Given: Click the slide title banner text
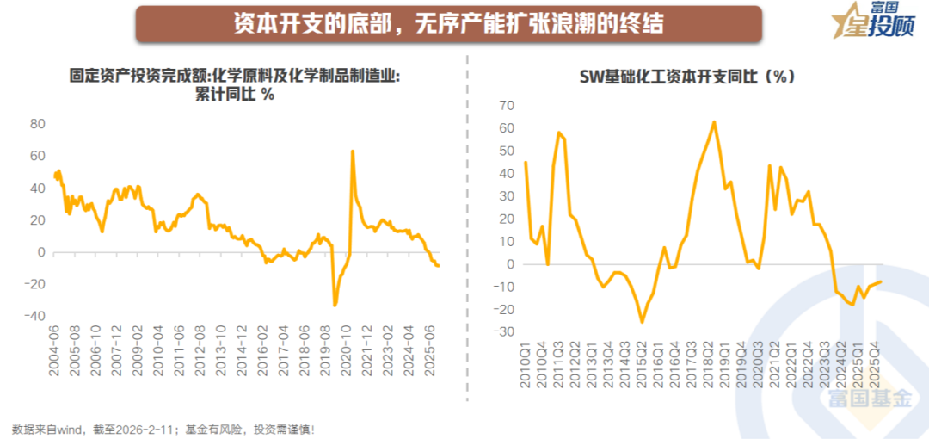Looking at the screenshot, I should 448,23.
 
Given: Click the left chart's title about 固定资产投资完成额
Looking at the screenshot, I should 235,84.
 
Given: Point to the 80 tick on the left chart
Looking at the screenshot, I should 37,124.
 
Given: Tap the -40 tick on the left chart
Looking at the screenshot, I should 34,316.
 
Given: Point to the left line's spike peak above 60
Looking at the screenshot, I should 352,151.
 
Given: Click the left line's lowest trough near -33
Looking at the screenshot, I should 335,305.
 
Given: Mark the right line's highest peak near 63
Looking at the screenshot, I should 714,121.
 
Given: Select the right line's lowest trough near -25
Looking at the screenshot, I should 642,322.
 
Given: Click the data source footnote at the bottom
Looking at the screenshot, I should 163,428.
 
